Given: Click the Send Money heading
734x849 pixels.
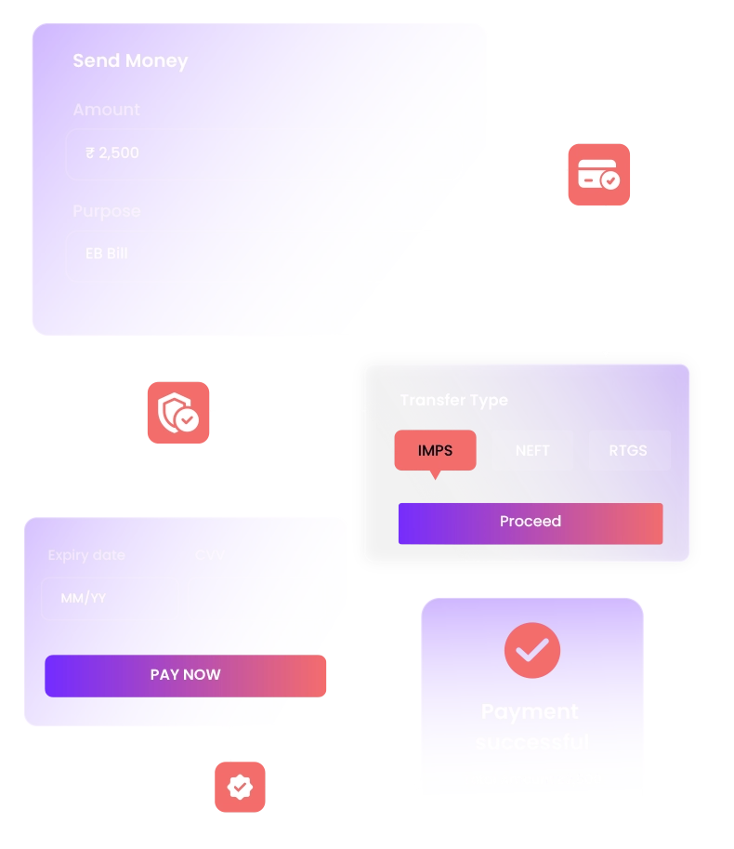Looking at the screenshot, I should (130, 61).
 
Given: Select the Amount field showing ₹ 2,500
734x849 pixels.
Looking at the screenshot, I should (263, 153).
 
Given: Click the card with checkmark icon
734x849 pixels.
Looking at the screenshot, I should (598, 175).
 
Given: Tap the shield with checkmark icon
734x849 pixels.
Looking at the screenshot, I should (178, 411).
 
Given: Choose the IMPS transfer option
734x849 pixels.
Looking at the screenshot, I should (435, 451).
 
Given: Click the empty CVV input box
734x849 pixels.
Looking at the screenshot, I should (256, 599).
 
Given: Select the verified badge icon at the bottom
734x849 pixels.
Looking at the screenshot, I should (240, 787).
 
